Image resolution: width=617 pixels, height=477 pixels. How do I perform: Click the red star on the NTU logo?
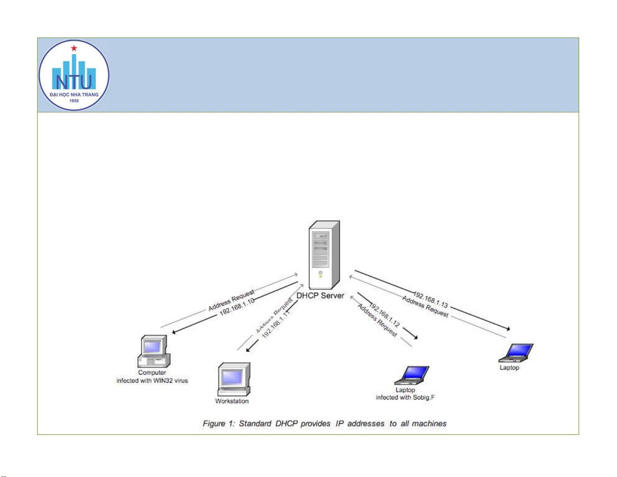74,48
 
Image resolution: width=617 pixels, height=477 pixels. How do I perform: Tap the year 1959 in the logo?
74,101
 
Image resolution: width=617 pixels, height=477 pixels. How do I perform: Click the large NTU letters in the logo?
74,82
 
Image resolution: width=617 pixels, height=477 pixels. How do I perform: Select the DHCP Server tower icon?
324,255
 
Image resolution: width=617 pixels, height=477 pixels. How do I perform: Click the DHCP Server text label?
320,296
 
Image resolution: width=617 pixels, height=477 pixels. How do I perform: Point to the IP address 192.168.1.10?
237,307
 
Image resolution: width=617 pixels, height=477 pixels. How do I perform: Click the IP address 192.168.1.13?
430,299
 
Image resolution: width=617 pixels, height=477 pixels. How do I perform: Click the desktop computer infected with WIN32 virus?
154,351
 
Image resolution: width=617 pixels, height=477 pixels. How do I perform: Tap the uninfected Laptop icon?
516,353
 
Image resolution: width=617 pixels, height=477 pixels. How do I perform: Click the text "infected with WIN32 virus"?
152,380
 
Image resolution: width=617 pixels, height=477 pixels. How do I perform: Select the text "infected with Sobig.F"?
405,398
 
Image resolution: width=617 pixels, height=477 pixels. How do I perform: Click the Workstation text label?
232,401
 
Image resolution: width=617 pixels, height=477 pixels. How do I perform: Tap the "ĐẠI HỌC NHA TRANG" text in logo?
74,95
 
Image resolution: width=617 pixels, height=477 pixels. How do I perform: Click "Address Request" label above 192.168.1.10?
231,300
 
